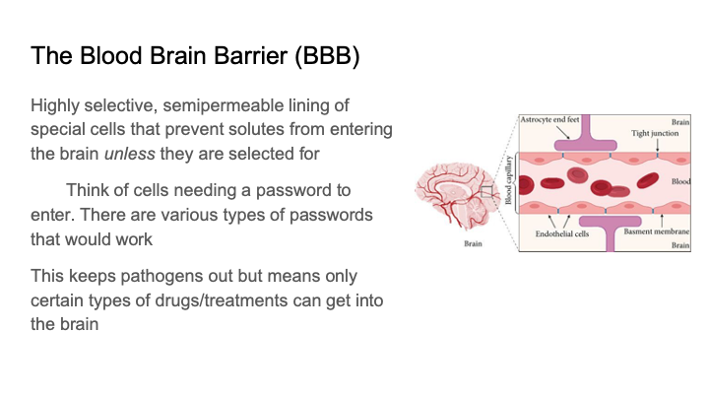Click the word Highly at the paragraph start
56,105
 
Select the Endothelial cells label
562,234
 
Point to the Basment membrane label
654,234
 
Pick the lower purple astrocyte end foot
609,230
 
